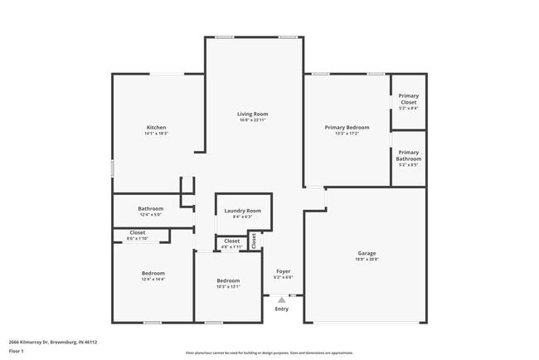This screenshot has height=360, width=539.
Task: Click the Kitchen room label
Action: pyautogui.click(x=156, y=127)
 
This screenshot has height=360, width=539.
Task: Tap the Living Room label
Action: pyautogui.click(x=252, y=114)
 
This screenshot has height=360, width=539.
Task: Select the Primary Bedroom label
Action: pyautogui.click(x=347, y=127)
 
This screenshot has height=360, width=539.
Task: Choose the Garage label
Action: pyautogui.click(x=367, y=253)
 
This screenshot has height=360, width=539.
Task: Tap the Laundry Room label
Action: pyautogui.click(x=242, y=211)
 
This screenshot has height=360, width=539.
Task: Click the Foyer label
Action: pyautogui.click(x=283, y=271)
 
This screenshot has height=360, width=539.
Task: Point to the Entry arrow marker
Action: pyautogui.click(x=282, y=299)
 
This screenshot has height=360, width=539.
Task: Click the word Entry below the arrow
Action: pyautogui.click(x=282, y=309)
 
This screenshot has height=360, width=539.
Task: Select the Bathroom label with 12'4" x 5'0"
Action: pyautogui.click(x=151, y=208)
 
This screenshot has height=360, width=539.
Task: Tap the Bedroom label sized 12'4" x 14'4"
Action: pyautogui.click(x=153, y=273)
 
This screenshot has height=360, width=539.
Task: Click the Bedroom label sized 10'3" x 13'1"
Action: pyautogui.click(x=228, y=281)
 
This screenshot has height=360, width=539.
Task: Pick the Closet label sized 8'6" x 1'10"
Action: pyautogui.click(x=138, y=232)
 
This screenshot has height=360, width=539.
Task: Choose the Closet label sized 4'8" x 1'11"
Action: pyautogui.click(x=232, y=241)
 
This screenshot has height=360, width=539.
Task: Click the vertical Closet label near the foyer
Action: pyautogui.click(x=254, y=240)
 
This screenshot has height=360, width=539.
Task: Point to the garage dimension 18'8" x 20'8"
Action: pyautogui.click(x=367, y=260)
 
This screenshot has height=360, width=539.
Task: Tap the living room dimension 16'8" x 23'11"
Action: pyautogui.click(x=252, y=120)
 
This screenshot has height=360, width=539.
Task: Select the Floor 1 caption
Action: pyautogui.click(x=17, y=351)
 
